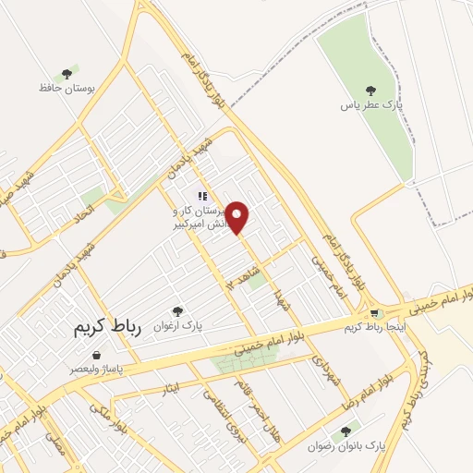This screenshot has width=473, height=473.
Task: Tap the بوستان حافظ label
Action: point(55,87)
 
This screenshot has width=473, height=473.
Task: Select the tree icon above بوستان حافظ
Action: point(66,73)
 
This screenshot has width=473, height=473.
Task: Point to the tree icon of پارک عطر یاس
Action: point(370,91)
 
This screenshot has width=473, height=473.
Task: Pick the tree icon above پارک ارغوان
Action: point(178,312)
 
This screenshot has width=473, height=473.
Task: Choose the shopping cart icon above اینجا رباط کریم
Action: point(373,315)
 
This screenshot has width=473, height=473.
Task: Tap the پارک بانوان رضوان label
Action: point(350,446)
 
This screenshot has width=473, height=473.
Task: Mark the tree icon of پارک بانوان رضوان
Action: point(346,431)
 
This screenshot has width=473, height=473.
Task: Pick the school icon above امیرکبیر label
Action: point(201,196)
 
